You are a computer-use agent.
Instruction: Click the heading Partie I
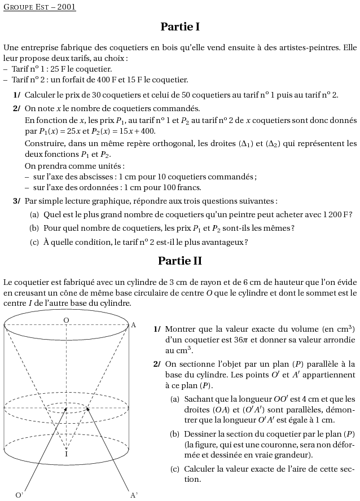pyautogui.click(x=180, y=27)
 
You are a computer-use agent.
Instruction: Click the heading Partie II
pyautogui.click(x=180, y=261)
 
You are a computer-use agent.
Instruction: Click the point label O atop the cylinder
pyautogui.click(x=66, y=320)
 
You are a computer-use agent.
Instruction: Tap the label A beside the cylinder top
pyautogui.click(x=133, y=325)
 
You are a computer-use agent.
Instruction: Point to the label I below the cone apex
pyautogui.click(x=66, y=454)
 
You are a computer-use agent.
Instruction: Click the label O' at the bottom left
pyautogui.click(x=19, y=495)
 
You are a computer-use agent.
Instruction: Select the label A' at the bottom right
pyautogui.click(x=134, y=495)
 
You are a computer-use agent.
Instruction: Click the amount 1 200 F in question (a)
pyautogui.click(x=335, y=214)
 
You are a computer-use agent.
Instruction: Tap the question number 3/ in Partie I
pyautogui.click(x=17, y=201)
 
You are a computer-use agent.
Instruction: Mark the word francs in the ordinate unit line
pyautogui.click(x=190, y=187)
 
